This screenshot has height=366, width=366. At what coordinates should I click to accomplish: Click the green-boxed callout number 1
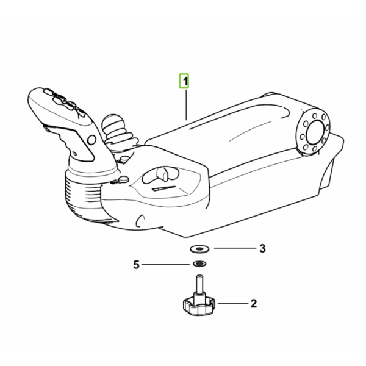click(184, 81)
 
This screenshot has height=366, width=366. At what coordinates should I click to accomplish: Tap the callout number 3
click(262, 249)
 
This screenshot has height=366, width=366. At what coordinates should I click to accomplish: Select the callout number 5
click(136, 265)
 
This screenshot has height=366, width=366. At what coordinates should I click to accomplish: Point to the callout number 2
click(254, 303)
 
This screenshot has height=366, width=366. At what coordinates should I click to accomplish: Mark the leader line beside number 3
click(235, 248)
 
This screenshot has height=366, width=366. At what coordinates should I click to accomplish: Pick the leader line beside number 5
click(165, 265)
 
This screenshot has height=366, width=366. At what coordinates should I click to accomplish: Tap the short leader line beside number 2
click(233, 303)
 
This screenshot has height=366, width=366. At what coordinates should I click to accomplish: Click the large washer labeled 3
click(199, 249)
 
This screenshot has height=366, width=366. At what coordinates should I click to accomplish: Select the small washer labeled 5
click(199, 264)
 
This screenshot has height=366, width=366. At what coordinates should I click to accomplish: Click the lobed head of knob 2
click(199, 306)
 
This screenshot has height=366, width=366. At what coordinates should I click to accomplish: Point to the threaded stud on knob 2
click(199, 284)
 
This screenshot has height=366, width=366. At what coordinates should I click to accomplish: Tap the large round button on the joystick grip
click(91, 140)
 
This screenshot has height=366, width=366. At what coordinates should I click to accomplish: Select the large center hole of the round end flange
click(315, 132)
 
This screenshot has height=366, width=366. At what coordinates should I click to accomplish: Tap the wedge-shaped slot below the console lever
click(163, 188)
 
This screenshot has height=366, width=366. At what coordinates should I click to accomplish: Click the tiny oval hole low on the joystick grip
click(74, 153)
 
